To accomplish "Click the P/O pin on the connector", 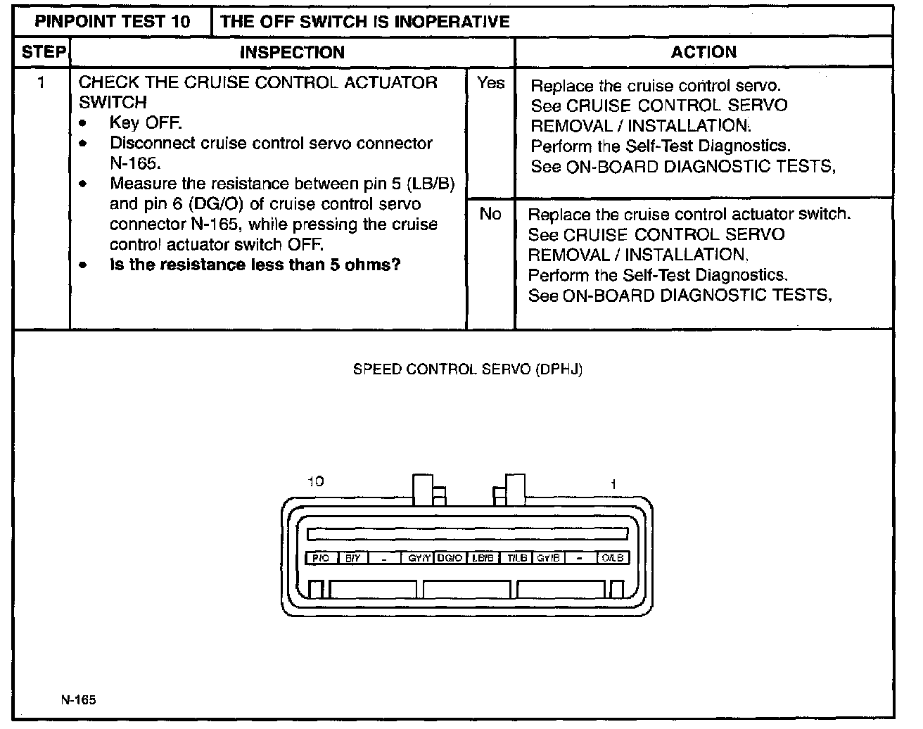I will coord(321,558).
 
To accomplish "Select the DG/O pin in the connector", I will coord(450,558).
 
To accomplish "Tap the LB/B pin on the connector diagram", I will coord(483,558).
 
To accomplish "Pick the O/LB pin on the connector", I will coord(613,558).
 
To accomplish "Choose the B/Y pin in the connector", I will coord(353,558).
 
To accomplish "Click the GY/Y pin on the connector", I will coord(419,558).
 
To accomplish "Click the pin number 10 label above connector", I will coord(316,482).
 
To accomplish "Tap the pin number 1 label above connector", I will coord(613,484).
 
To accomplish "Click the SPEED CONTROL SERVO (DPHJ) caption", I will coord(468,369).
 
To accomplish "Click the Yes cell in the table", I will coord(490,83).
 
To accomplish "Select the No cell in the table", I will coord(490,214).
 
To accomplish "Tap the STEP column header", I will coord(43,53).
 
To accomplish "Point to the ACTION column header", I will coord(704,52).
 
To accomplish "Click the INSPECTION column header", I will coord(292,53).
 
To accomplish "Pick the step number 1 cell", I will coord(42,83).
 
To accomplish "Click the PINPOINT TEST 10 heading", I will coord(113,21).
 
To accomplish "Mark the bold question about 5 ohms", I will coord(255,265).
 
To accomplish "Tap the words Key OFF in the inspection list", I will coord(146,123).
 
